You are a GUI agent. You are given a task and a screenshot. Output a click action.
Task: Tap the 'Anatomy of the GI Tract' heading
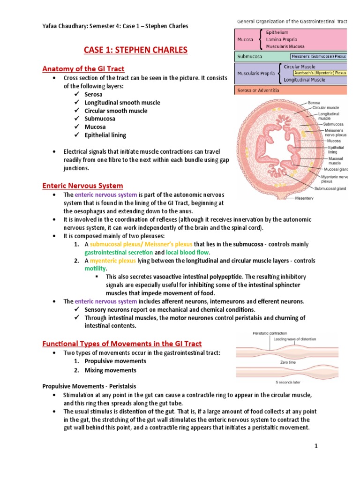tap(83, 69)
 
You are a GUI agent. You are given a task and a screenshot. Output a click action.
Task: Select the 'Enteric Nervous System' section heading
tap(82, 186)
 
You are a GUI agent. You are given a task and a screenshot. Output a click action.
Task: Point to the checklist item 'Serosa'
tap(94, 94)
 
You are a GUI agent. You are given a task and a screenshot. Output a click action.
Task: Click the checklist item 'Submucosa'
tap(100, 119)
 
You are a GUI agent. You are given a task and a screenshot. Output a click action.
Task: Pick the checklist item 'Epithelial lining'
tap(105, 135)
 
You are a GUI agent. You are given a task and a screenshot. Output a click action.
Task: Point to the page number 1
tap(316, 446)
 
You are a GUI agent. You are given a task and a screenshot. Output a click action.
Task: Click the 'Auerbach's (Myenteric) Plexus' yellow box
tap(320, 73)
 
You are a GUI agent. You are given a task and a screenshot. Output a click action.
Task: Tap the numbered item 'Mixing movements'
tap(110, 370)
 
